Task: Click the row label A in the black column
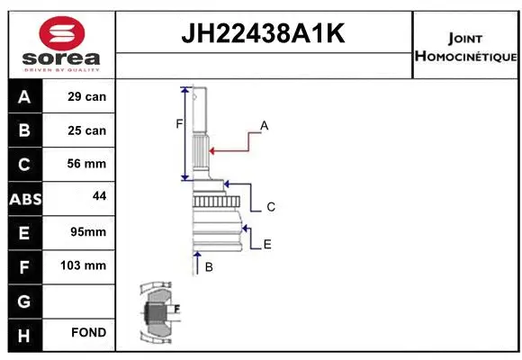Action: click(x=23, y=97)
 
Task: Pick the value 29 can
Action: click(x=87, y=97)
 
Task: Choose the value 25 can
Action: click(x=87, y=130)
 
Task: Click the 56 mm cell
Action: click(x=87, y=164)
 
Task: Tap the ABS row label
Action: click(x=23, y=198)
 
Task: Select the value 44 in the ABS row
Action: click(x=87, y=195)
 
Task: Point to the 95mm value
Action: click(x=87, y=232)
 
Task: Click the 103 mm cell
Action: click(x=87, y=265)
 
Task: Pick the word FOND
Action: click(x=87, y=333)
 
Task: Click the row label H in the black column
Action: click(x=23, y=334)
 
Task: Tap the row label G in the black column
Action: click(x=23, y=300)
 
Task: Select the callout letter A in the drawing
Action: click(x=265, y=125)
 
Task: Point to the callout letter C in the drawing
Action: click(x=270, y=207)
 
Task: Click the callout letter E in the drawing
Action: click(x=267, y=244)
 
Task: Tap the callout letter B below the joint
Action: click(x=209, y=267)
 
